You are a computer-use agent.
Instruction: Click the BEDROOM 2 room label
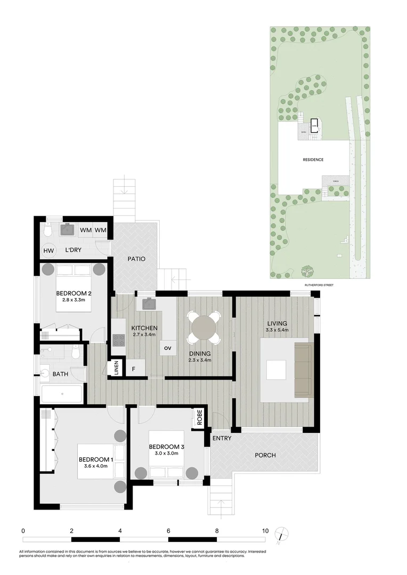[75, 293]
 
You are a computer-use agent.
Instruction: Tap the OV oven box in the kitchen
[168, 348]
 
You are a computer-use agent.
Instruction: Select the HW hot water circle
[48, 251]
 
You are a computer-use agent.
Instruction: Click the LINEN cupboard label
[116, 368]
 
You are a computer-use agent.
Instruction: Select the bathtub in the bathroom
[62, 393]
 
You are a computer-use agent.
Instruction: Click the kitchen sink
[148, 305]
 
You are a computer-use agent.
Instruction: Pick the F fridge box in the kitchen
[134, 368]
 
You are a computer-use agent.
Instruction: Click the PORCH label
[265, 455]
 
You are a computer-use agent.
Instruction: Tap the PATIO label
[136, 259]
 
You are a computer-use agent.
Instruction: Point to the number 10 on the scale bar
[265, 531]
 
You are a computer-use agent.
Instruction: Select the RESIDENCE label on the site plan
[313, 160]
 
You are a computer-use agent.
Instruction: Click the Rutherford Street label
[319, 285]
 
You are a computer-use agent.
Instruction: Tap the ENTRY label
[222, 439]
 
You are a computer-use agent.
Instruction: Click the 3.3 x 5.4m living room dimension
[277, 331]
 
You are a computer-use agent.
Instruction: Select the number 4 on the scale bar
[120, 531]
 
